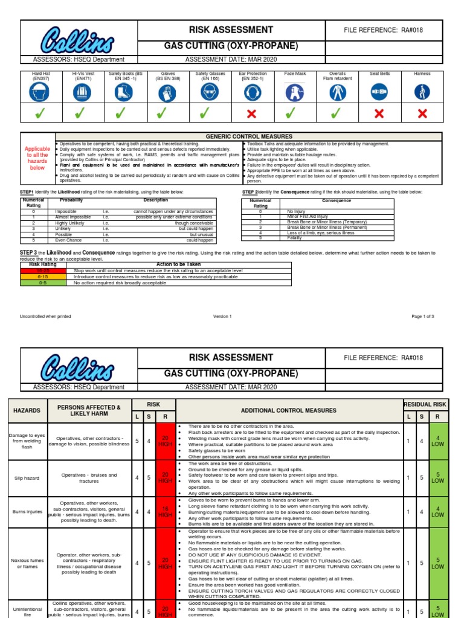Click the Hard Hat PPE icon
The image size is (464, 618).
click(36, 92)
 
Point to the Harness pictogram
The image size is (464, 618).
click(422, 92)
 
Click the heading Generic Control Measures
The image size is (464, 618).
click(249, 137)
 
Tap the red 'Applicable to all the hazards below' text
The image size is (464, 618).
click(37, 158)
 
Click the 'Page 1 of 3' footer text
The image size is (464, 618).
click(422, 316)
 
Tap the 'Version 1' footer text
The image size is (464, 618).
click(222, 316)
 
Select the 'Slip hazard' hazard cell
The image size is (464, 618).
click(27, 478)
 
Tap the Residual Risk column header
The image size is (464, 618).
click(425, 404)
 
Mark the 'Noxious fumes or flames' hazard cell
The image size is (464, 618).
click(27, 563)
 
